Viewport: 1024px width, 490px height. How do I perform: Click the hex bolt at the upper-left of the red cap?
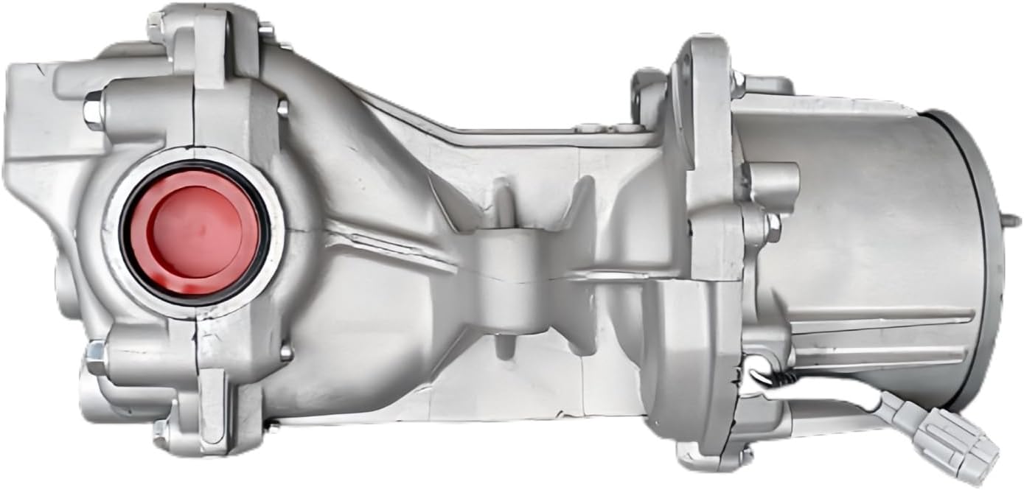(x=94, y=111)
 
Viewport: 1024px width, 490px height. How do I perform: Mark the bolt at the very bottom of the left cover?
(x=159, y=430)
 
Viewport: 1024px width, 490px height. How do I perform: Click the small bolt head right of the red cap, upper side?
(x=282, y=108)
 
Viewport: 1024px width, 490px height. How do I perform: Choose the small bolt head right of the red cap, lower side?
(x=286, y=353)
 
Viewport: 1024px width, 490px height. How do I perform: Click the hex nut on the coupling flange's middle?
(x=772, y=227)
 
